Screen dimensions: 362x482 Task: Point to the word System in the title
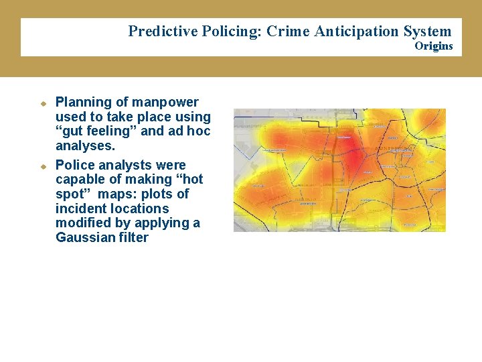click(427, 31)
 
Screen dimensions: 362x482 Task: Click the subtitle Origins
click(433, 46)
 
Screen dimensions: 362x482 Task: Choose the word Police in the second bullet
click(74, 165)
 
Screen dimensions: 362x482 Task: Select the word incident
click(80, 208)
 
